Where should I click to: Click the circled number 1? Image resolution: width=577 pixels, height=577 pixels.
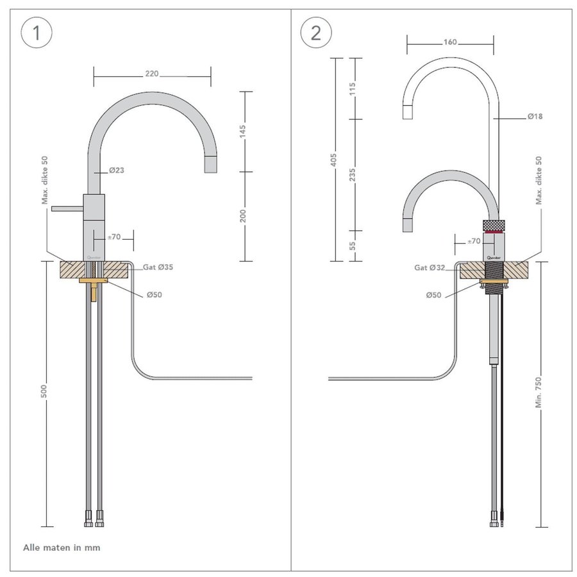(x=37, y=33)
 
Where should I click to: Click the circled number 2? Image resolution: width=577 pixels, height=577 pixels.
(x=315, y=33)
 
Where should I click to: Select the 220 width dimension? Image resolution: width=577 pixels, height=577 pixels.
(x=152, y=74)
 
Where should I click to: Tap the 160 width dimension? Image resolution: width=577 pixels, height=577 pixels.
(x=450, y=42)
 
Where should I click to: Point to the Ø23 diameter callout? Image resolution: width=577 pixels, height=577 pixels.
(x=116, y=171)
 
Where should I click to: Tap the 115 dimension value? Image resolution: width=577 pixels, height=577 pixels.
(x=352, y=88)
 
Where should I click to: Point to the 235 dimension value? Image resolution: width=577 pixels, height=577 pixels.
(x=352, y=174)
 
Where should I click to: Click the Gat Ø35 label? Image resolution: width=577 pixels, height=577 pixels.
(x=158, y=267)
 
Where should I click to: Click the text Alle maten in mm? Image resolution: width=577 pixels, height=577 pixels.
(x=62, y=548)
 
